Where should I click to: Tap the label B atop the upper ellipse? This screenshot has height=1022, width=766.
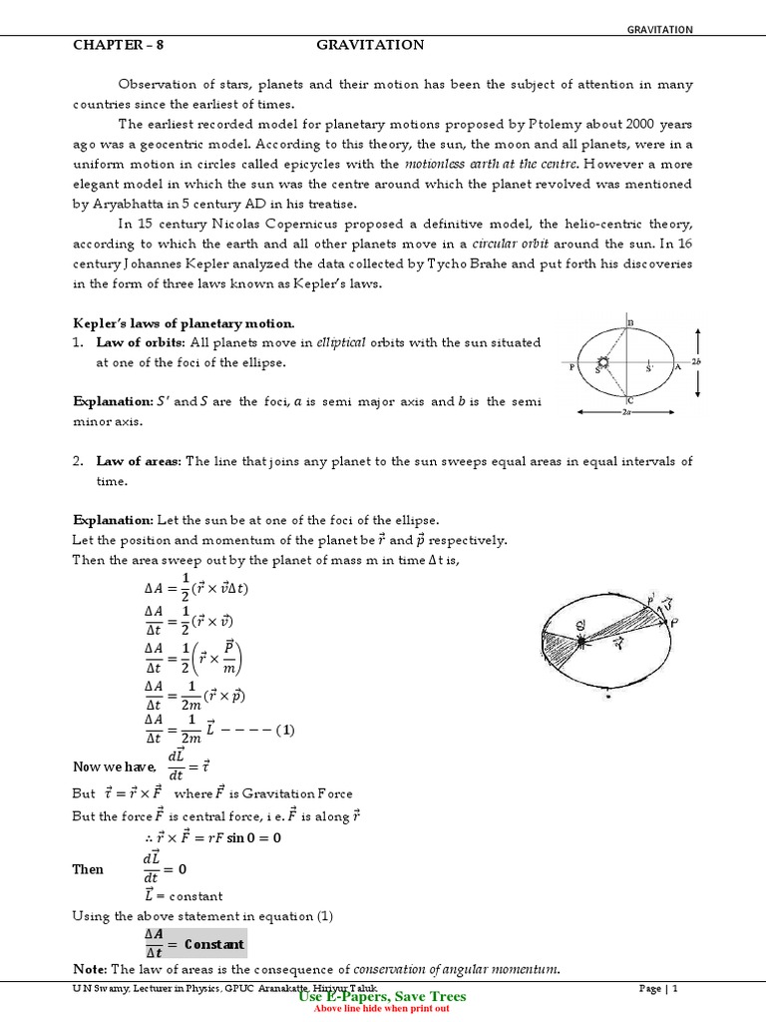(x=630, y=321)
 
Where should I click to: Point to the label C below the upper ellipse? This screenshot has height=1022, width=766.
(x=630, y=400)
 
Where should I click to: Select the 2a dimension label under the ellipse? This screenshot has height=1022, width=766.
(x=624, y=410)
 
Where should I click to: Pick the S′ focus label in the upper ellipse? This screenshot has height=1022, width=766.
(x=649, y=368)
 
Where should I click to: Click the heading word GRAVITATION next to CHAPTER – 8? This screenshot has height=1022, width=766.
(x=370, y=45)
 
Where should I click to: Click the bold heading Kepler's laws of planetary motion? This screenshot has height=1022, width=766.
(x=184, y=322)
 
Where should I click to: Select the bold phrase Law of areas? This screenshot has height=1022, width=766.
(x=139, y=461)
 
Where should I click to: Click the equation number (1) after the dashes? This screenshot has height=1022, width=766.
(x=286, y=731)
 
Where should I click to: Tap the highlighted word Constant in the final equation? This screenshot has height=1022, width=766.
(x=213, y=943)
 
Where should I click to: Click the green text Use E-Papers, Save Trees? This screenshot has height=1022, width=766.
(x=383, y=996)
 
